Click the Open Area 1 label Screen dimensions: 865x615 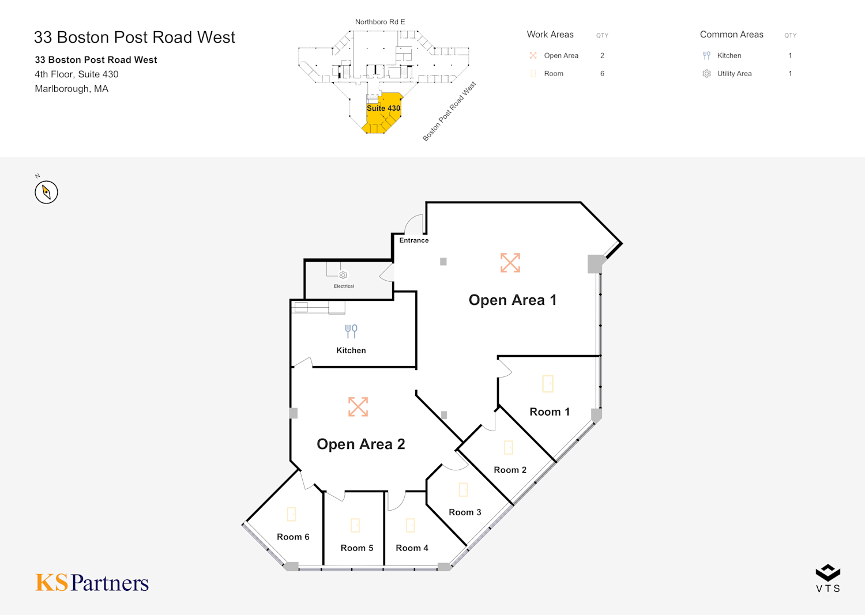513,300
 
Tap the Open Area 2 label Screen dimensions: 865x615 360,444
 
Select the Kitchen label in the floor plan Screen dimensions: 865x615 351,350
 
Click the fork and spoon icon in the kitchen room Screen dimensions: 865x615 351,331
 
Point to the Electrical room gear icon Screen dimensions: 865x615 343,275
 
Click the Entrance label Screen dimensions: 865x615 414,240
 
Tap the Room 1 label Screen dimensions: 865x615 550,412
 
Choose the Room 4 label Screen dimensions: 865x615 412,548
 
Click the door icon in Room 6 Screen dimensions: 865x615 292,514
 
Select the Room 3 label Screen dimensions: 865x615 465,512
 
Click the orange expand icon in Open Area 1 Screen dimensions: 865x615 510,263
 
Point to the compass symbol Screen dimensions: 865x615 46,193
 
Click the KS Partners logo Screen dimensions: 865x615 92,582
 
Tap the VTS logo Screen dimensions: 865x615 828,578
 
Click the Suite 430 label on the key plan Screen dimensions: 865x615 383,108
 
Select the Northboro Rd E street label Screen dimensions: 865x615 380,22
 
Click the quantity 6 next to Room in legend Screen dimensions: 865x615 602,74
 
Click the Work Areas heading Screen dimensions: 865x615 550,35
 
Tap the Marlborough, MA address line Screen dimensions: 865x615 72,89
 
